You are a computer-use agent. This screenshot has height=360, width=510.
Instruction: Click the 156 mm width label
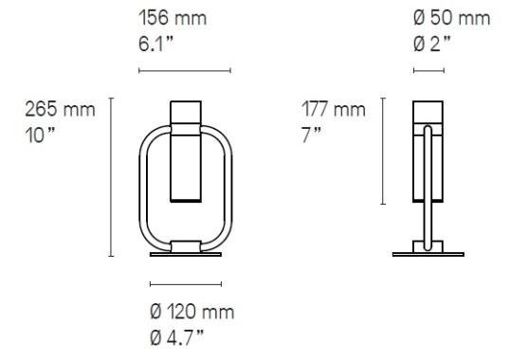pos(173,18)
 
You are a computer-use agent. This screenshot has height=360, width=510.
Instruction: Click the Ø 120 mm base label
pos(191,313)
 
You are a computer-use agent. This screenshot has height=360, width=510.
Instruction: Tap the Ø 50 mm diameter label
pos(451,18)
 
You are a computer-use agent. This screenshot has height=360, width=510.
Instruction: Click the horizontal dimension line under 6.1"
pos(184,70)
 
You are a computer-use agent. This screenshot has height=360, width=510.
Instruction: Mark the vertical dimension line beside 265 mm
pos(112,176)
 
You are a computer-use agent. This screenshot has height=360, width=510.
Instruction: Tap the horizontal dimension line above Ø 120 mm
pos(186,283)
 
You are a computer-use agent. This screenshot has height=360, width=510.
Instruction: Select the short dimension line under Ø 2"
pos(428,70)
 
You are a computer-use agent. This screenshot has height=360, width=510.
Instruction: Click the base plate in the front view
pos(186,253)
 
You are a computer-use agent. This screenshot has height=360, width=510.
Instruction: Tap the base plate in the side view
pos(428,253)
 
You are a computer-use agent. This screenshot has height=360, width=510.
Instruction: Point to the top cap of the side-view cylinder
pos(428,109)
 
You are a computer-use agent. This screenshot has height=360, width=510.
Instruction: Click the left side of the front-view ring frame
pos(143,185)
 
